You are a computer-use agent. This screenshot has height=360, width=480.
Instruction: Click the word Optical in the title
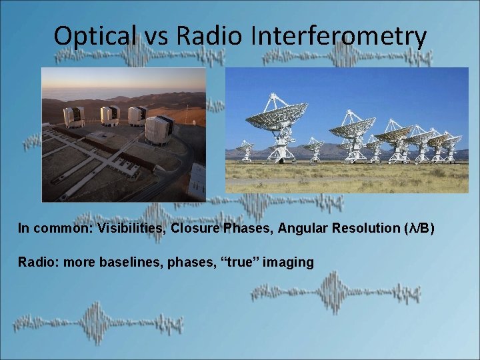[x=95, y=37]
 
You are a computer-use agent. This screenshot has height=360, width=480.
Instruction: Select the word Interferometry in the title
[x=339, y=37]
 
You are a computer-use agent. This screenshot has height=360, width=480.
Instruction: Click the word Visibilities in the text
[x=131, y=229]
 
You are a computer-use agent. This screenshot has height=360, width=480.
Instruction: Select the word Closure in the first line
[x=194, y=229]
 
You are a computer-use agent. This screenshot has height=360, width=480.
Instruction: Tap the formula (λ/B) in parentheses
[x=419, y=229]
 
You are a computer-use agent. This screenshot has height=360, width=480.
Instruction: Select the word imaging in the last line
[x=288, y=262]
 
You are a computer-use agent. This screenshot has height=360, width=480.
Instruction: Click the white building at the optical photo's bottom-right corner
[x=197, y=181]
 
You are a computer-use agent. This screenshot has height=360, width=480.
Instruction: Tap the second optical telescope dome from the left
[x=110, y=114]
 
